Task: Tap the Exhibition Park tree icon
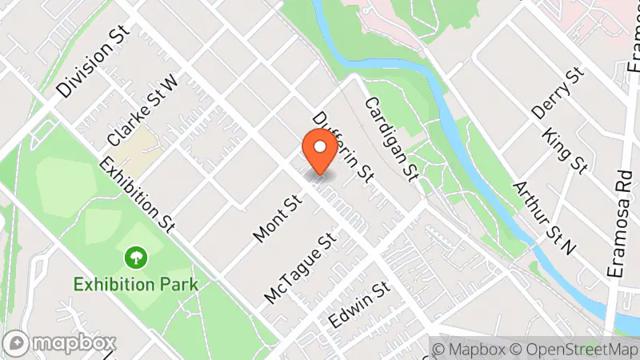coord(136,258)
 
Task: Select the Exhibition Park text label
coord(135,283)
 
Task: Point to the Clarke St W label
coord(142,111)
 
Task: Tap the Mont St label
coord(275,218)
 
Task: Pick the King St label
coord(565,150)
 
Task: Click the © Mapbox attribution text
coord(469,349)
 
